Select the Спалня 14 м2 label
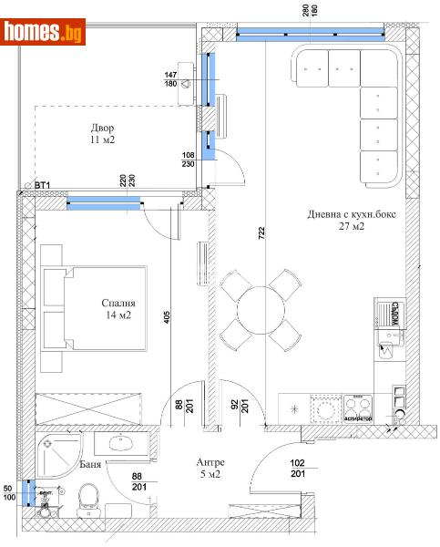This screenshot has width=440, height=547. click(x=119, y=310)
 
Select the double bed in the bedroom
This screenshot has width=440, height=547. click(x=94, y=308)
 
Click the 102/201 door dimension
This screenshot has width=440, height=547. click(x=298, y=468)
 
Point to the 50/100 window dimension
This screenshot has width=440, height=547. click(x=8, y=493)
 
